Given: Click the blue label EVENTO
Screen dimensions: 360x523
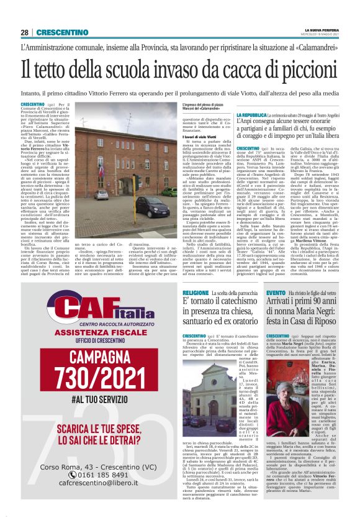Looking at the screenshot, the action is click(276, 291).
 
